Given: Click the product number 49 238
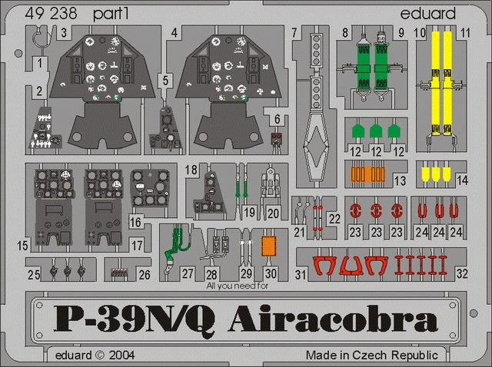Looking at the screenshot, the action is pyautogui.click(x=52, y=14).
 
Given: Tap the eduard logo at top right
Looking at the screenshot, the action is pyautogui.click(x=427, y=14).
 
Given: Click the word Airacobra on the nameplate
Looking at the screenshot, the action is pyautogui.click(x=333, y=319).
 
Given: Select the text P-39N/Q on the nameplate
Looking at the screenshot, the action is pyautogui.click(x=135, y=320).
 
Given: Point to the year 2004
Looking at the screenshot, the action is pyautogui.click(x=121, y=355).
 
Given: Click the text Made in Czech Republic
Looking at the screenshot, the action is pyautogui.click(x=372, y=355).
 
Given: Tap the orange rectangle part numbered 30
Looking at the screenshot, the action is pyautogui.click(x=268, y=246).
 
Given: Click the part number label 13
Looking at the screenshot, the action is pyautogui.click(x=400, y=181).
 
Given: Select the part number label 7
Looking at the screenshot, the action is pyautogui.click(x=294, y=32).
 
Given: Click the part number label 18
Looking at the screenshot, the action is pyautogui.click(x=191, y=170).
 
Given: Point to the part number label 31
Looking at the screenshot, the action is pyautogui.click(x=301, y=275).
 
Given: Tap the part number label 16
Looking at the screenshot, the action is pyautogui.click(x=135, y=222).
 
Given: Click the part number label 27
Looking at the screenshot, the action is pyautogui.click(x=188, y=273).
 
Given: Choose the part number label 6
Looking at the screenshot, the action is pyautogui.click(x=277, y=119).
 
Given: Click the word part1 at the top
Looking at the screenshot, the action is pyautogui.click(x=111, y=15).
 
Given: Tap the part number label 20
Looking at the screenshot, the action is pyautogui.click(x=274, y=213).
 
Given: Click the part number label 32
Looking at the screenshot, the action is pyautogui.click(x=462, y=273).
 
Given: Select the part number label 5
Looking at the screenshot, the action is pyautogui.click(x=165, y=81).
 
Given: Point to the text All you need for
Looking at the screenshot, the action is pyautogui.click(x=238, y=286).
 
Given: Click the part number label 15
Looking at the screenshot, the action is pyautogui.click(x=22, y=246).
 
